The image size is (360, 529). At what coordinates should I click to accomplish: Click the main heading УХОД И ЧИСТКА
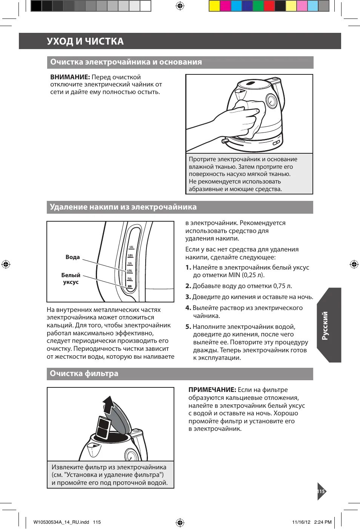(x=85, y=41)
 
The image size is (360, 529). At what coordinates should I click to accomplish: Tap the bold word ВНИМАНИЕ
(x=70, y=77)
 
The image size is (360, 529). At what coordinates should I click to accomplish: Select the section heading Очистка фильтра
(x=84, y=373)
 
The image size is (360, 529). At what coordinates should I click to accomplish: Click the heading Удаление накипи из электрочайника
(x=123, y=207)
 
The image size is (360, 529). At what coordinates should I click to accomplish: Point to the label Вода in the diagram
(x=72, y=257)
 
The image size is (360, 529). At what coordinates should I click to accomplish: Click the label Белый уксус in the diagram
(x=71, y=279)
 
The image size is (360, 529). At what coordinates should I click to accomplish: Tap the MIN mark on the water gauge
(x=130, y=287)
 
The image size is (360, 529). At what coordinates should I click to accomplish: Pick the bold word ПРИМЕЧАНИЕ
(x=212, y=390)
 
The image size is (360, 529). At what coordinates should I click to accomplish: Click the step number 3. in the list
(x=188, y=297)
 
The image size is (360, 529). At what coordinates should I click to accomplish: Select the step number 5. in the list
(x=188, y=327)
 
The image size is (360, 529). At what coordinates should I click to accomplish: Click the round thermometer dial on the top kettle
(x=271, y=101)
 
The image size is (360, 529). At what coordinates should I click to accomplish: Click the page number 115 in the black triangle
(x=321, y=491)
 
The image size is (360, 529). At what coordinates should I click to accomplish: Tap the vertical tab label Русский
(x=325, y=325)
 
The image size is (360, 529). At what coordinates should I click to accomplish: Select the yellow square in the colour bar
(x=214, y=6)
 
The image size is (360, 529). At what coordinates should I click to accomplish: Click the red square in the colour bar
(x=269, y=6)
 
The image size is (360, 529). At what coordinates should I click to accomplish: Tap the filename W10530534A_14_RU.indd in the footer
(x=61, y=522)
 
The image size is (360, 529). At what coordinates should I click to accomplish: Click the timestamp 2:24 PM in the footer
(x=323, y=522)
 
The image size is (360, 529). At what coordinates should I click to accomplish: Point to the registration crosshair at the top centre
(x=180, y=6)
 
